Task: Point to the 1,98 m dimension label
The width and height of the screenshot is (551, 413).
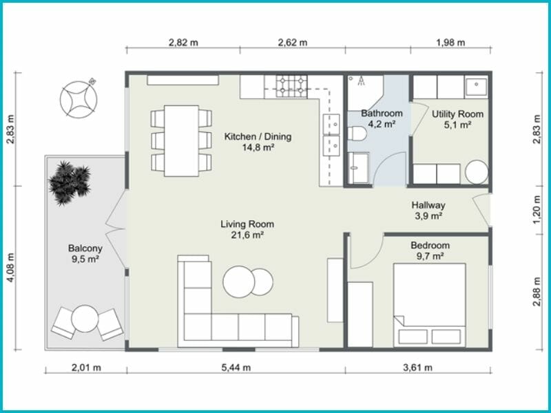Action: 450,43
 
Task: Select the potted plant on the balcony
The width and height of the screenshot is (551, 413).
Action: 69,182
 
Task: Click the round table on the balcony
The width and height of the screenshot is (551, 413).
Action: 85,319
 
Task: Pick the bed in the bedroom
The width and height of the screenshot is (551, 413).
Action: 429,304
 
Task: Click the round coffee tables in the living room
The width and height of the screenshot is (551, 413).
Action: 248,282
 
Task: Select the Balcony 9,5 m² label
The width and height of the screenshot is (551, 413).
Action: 85,254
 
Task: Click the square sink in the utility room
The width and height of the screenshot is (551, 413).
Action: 476,87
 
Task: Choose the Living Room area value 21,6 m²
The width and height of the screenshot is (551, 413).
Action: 247,235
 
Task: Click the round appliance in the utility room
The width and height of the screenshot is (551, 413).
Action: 475,172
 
